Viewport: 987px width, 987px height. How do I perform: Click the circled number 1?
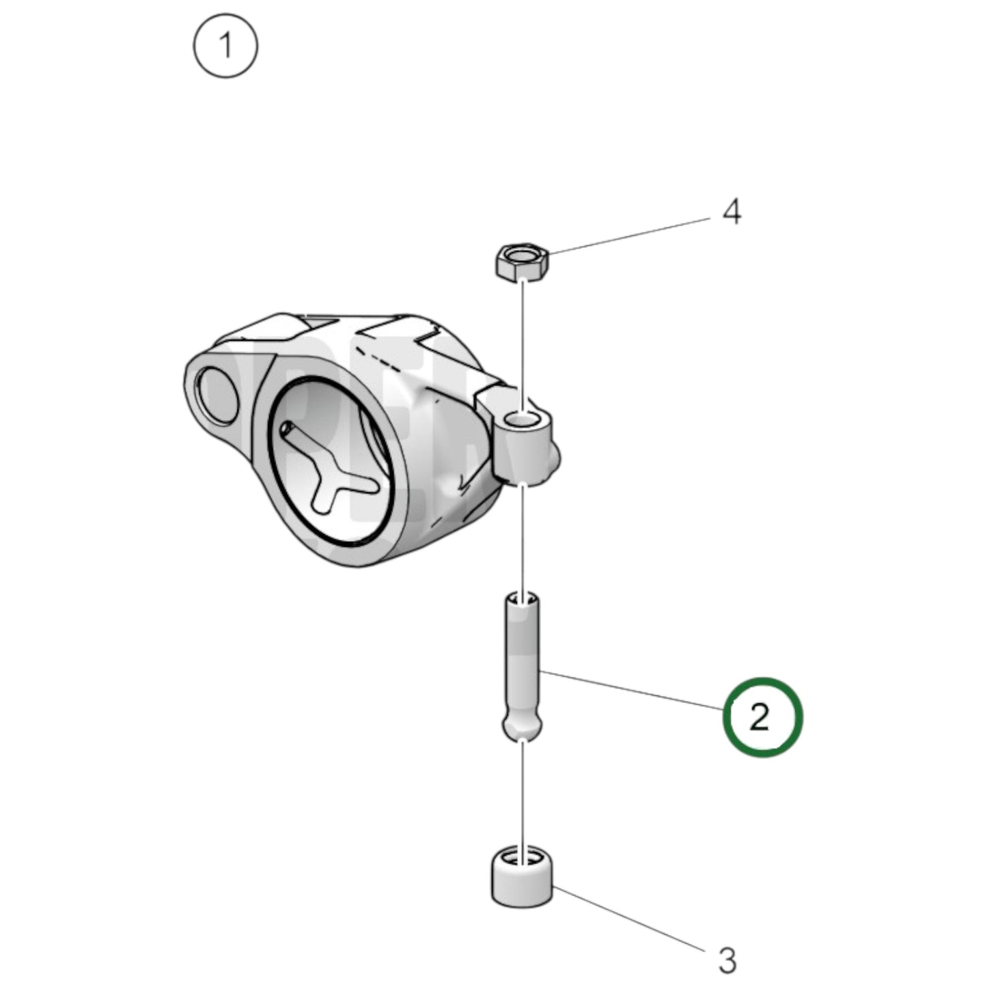point(225,47)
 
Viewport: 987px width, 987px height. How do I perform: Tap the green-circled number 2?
point(761,717)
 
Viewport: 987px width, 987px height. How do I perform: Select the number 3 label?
point(728,960)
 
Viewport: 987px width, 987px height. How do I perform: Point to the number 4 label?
point(732,212)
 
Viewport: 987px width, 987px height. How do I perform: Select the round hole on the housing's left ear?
point(217,391)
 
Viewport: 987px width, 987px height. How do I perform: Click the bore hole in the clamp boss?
point(525,420)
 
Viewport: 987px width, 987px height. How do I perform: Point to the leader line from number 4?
point(628,236)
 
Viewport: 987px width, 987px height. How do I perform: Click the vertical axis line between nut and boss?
point(523,342)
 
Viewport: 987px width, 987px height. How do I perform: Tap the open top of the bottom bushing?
point(523,857)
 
